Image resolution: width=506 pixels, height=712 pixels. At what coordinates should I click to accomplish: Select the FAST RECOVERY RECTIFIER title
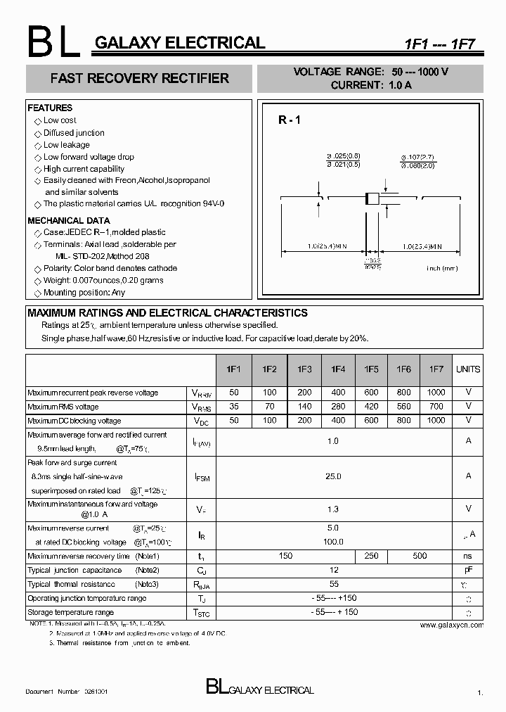pyautogui.click(x=139, y=78)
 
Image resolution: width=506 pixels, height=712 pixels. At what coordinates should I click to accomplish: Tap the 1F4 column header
pyautogui.click(x=337, y=369)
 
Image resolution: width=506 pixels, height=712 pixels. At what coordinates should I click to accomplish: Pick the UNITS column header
pyautogui.click(x=468, y=369)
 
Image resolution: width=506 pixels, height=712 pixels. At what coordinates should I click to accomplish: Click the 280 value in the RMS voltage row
pyautogui.click(x=337, y=407)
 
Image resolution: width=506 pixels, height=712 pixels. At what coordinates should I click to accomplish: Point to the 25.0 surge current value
pyautogui.click(x=333, y=476)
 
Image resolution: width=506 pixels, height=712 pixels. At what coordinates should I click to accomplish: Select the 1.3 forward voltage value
pyautogui.click(x=333, y=509)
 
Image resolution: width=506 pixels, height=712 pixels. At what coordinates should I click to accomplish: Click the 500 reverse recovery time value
pyautogui.click(x=420, y=556)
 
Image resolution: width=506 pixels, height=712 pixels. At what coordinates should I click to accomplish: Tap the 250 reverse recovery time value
pyautogui.click(x=371, y=556)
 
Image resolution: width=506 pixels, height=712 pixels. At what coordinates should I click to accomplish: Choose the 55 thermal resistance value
pyautogui.click(x=334, y=584)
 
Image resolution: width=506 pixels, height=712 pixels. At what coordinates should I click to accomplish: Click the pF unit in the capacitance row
pyautogui.click(x=468, y=570)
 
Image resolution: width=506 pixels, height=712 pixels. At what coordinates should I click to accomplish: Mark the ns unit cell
pyautogui.click(x=468, y=556)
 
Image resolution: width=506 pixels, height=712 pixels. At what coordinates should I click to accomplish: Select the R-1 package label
pyautogui.click(x=289, y=120)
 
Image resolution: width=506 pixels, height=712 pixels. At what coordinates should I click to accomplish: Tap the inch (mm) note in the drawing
pyautogui.click(x=441, y=268)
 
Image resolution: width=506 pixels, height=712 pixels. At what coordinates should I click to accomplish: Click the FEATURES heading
pyautogui.click(x=50, y=108)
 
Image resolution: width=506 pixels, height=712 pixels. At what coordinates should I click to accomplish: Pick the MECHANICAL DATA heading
pyautogui.click(x=68, y=221)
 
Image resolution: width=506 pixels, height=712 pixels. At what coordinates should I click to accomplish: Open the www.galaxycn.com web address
pyautogui.click(x=451, y=625)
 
